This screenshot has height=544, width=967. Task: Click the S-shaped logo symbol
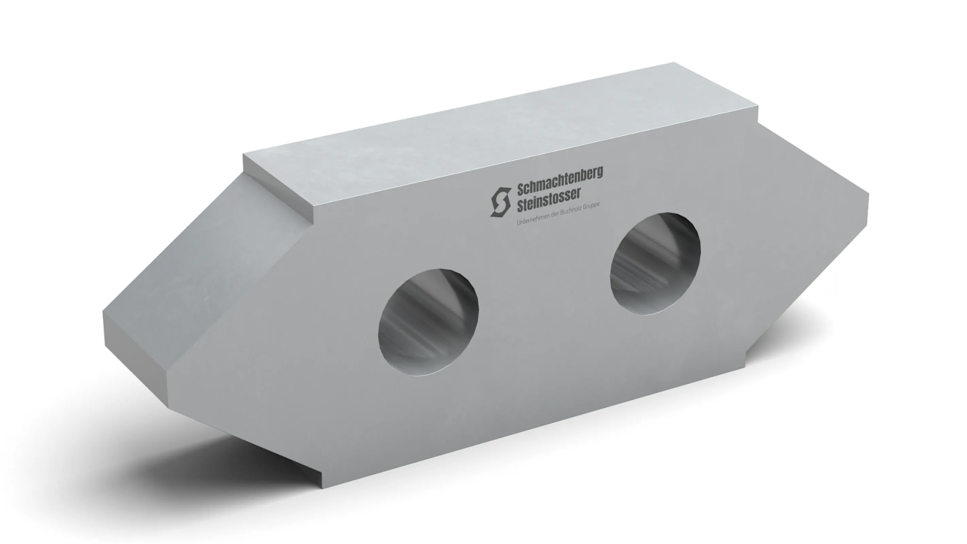click(501, 202)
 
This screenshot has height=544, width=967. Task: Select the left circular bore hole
click(428, 321)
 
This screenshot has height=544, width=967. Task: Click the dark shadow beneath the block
click(263, 451)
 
